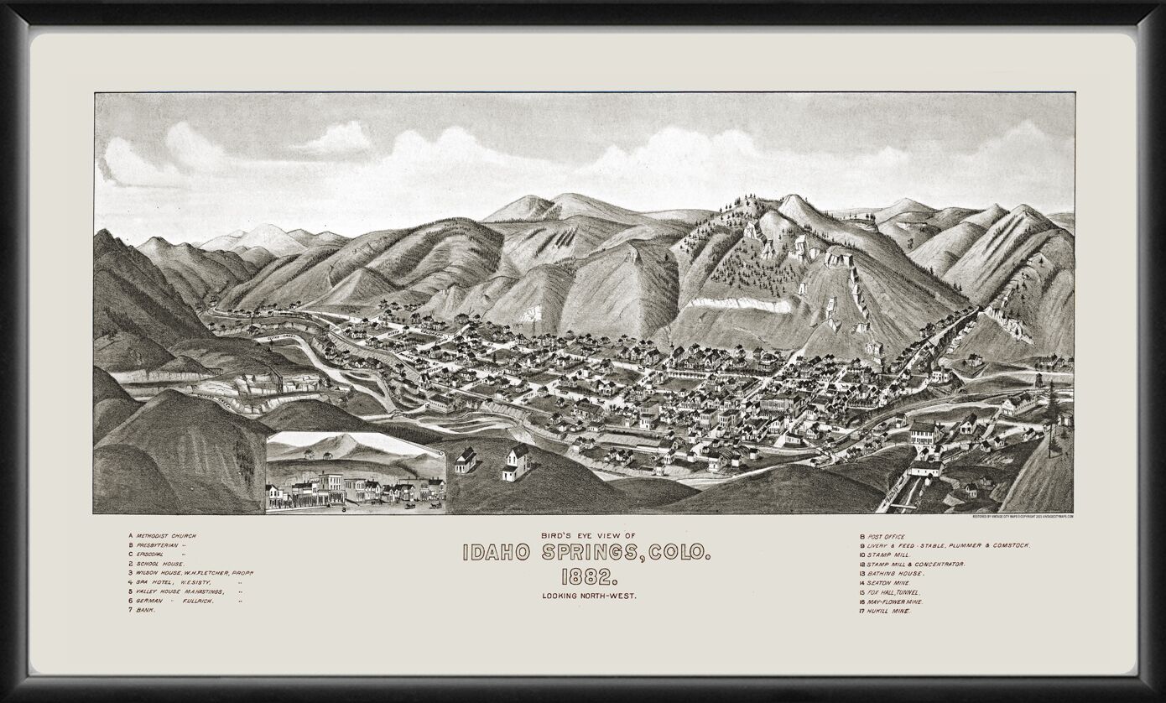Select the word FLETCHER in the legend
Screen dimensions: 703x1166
(x=206, y=573)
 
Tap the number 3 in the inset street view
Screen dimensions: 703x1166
(x=343, y=508)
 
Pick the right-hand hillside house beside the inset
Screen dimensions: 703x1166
(x=517, y=461)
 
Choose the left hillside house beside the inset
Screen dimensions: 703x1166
(x=466, y=460)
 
